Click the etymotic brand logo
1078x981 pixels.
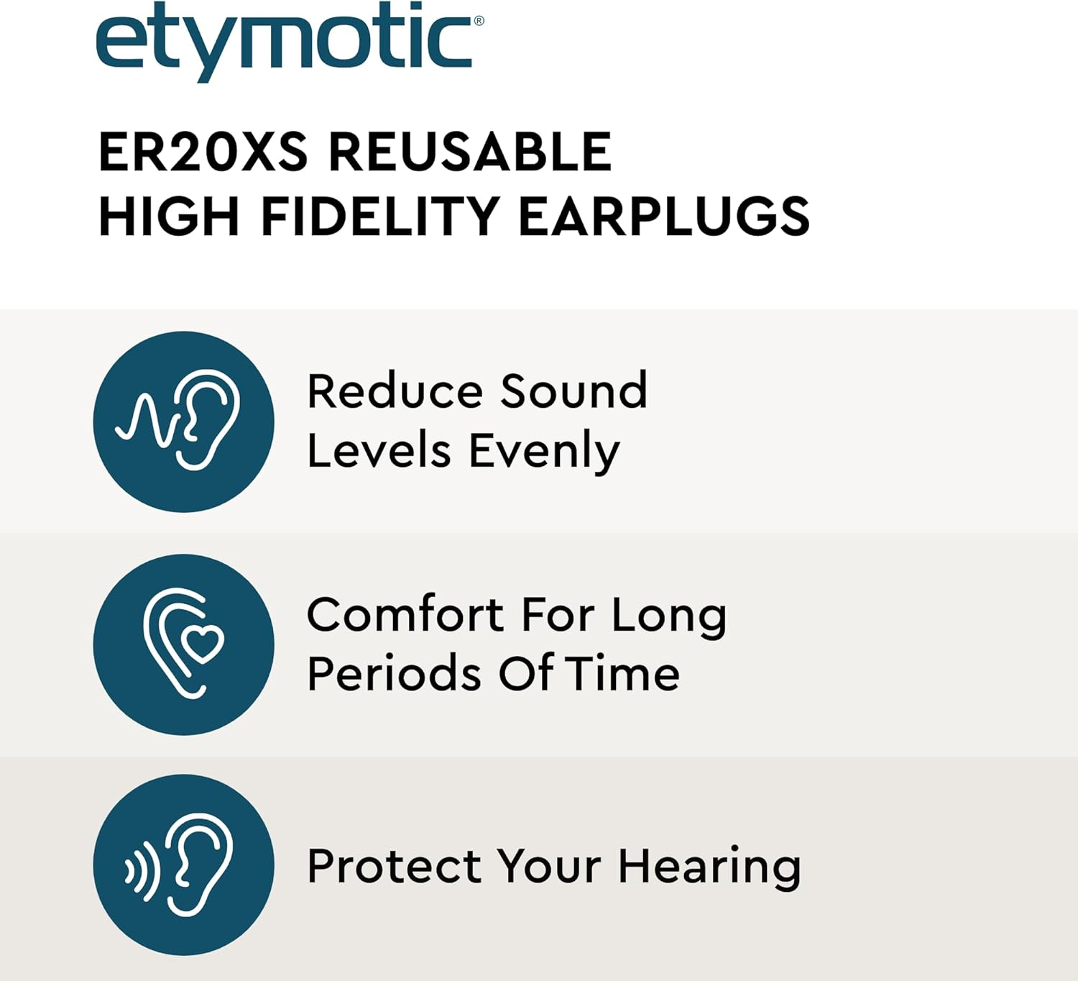[x=284, y=40]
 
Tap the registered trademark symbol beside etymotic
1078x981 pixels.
[x=479, y=21]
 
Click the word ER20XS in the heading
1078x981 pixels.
[x=203, y=152]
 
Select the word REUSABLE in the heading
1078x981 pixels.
[x=470, y=152]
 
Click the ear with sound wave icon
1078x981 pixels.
[x=184, y=421]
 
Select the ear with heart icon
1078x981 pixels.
[x=184, y=644]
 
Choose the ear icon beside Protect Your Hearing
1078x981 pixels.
[x=184, y=864]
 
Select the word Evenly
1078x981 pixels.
[x=544, y=451]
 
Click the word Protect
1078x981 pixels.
[x=394, y=866]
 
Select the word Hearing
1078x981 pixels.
[x=709, y=867]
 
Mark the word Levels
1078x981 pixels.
[x=379, y=451]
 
